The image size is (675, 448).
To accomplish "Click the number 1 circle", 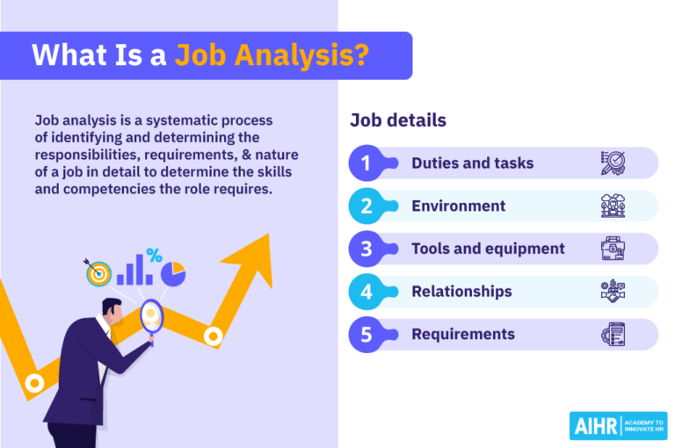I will tap(366, 163).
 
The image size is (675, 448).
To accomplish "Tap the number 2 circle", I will tap(366, 206).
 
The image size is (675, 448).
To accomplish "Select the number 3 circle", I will tap(366, 249).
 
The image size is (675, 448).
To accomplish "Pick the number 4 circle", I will tap(366, 292).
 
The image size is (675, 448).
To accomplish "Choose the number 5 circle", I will tap(366, 335).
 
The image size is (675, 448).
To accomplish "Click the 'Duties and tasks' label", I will tap(472, 163).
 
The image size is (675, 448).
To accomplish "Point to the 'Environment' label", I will tap(458, 206).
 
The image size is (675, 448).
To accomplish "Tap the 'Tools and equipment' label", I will tap(488, 249).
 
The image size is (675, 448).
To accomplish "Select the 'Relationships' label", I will tap(461, 292).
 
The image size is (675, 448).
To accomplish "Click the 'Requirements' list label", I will tap(463, 335).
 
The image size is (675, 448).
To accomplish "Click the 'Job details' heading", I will tap(398, 120).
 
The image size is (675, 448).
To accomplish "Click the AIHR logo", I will tap(616, 425).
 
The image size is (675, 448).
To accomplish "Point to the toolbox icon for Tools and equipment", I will tap(613, 249).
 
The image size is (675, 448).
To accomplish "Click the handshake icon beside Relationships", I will tap(613, 292).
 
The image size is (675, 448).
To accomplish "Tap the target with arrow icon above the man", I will tap(98, 273).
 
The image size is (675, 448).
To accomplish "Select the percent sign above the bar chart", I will tap(154, 256).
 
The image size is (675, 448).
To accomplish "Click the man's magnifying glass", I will tap(151, 314).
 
